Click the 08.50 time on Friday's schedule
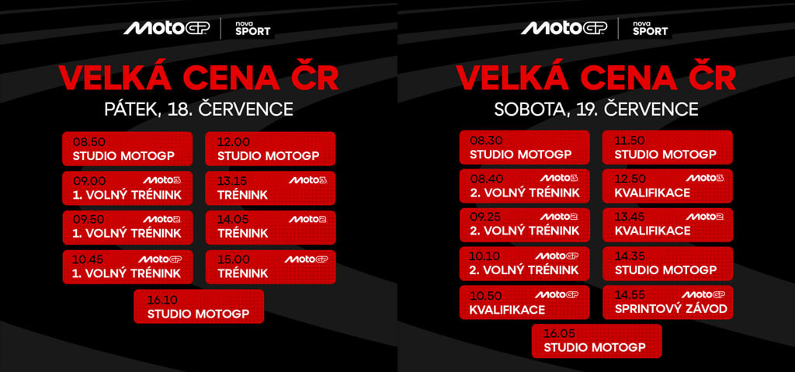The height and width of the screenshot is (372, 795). (89, 142)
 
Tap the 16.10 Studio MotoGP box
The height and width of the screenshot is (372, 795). (199, 307)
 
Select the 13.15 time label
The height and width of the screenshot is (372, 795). (232, 181)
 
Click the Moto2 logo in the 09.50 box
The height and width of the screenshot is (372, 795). (161, 219)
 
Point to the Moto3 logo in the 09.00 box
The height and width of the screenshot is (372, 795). (161, 180)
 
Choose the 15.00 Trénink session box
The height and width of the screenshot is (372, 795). (270, 267)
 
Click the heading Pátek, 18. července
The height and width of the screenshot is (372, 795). (199, 109)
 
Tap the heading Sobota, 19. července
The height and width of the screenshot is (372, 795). (596, 109)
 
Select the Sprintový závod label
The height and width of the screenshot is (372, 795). (671, 308)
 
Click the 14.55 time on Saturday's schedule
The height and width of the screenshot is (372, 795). (630, 294)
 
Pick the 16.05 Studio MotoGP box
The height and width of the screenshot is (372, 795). (597, 341)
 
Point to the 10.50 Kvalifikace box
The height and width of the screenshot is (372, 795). (525, 302)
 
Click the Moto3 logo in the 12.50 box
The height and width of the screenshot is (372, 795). (705, 178)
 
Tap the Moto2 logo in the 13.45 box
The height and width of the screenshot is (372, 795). (705, 217)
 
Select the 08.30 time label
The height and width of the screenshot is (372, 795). (486, 141)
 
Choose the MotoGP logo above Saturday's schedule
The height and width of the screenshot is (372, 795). (564, 28)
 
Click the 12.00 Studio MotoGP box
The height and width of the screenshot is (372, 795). (270, 148)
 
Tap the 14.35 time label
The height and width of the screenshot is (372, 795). (630, 256)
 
